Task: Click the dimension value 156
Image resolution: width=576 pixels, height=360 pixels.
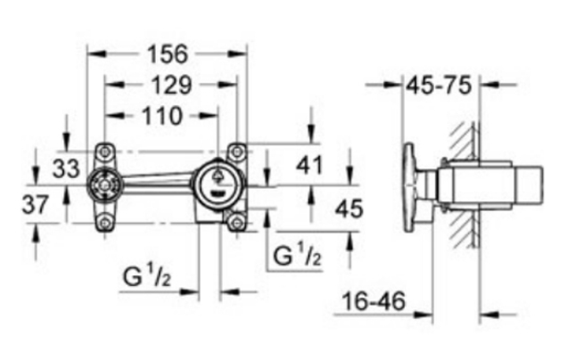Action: coord(168,54)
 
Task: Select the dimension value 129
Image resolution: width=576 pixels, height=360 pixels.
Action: coord(171,86)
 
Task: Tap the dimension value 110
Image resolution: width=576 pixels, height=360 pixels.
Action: coord(162,116)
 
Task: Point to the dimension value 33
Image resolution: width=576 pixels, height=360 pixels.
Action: coord(66,168)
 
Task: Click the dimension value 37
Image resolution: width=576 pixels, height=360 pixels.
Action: coord(36,205)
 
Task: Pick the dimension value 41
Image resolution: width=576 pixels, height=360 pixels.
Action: coord(309,165)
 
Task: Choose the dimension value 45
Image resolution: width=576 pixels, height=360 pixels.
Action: coord(349,209)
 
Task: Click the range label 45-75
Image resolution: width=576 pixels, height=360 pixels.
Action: coord(439,86)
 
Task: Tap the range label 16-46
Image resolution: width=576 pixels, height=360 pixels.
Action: coord(374,302)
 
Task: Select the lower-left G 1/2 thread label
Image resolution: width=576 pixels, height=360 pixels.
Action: coord(147,276)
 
